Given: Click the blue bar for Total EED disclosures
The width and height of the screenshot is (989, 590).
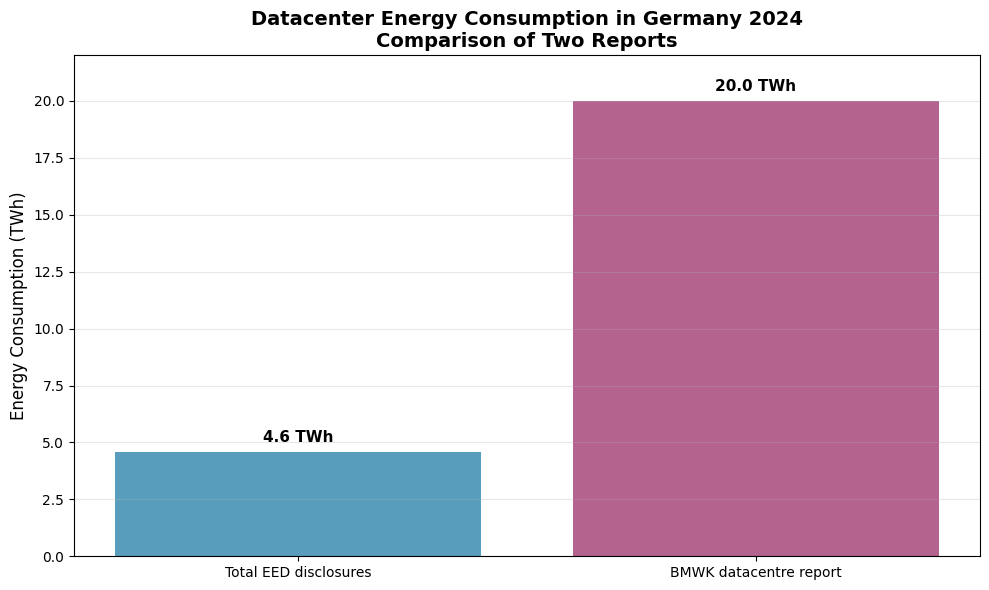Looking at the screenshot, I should [298, 504].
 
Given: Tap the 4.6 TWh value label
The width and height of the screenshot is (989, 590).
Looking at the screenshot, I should [298, 437].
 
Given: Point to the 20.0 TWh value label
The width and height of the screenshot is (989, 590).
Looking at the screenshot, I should [755, 86].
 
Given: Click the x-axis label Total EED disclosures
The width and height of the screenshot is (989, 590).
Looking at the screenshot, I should [298, 573].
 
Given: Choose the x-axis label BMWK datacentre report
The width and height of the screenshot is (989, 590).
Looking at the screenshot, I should [755, 573].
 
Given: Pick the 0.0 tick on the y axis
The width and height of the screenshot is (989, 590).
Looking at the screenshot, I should [53, 556].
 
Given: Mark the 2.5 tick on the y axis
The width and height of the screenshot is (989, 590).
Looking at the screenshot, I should [53, 499].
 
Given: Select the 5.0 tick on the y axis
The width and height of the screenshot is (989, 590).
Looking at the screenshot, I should [53, 442].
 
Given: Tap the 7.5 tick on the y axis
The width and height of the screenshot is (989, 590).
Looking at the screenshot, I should [53, 386].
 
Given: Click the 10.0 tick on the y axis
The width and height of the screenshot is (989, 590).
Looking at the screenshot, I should [49, 329].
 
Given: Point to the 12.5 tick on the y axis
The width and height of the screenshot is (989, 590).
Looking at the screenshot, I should [49, 272].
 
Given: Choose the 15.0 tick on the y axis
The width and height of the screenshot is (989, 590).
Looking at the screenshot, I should [49, 215].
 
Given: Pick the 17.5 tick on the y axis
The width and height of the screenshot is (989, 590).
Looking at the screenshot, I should [49, 158].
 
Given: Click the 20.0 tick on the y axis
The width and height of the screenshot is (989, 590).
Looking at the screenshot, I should [49, 101].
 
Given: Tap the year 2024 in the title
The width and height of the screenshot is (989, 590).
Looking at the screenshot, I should [778, 19].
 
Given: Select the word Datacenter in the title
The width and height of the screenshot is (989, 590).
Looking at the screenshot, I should [305, 19].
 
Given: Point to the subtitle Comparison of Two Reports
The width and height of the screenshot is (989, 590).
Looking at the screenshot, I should [526, 41].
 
